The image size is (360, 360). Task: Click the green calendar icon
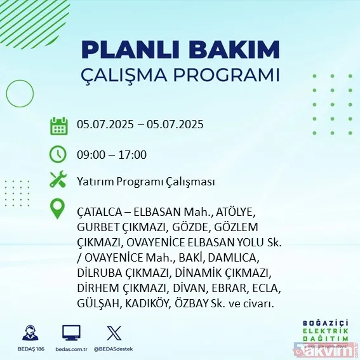click(x=58, y=125)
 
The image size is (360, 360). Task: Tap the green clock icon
click(x=58, y=154)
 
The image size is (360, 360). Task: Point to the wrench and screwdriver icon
click(x=58, y=180)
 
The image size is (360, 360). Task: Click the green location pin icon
click(x=58, y=210)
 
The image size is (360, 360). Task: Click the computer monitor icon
click(x=70, y=333)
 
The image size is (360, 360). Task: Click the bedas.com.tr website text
click(x=71, y=349)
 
